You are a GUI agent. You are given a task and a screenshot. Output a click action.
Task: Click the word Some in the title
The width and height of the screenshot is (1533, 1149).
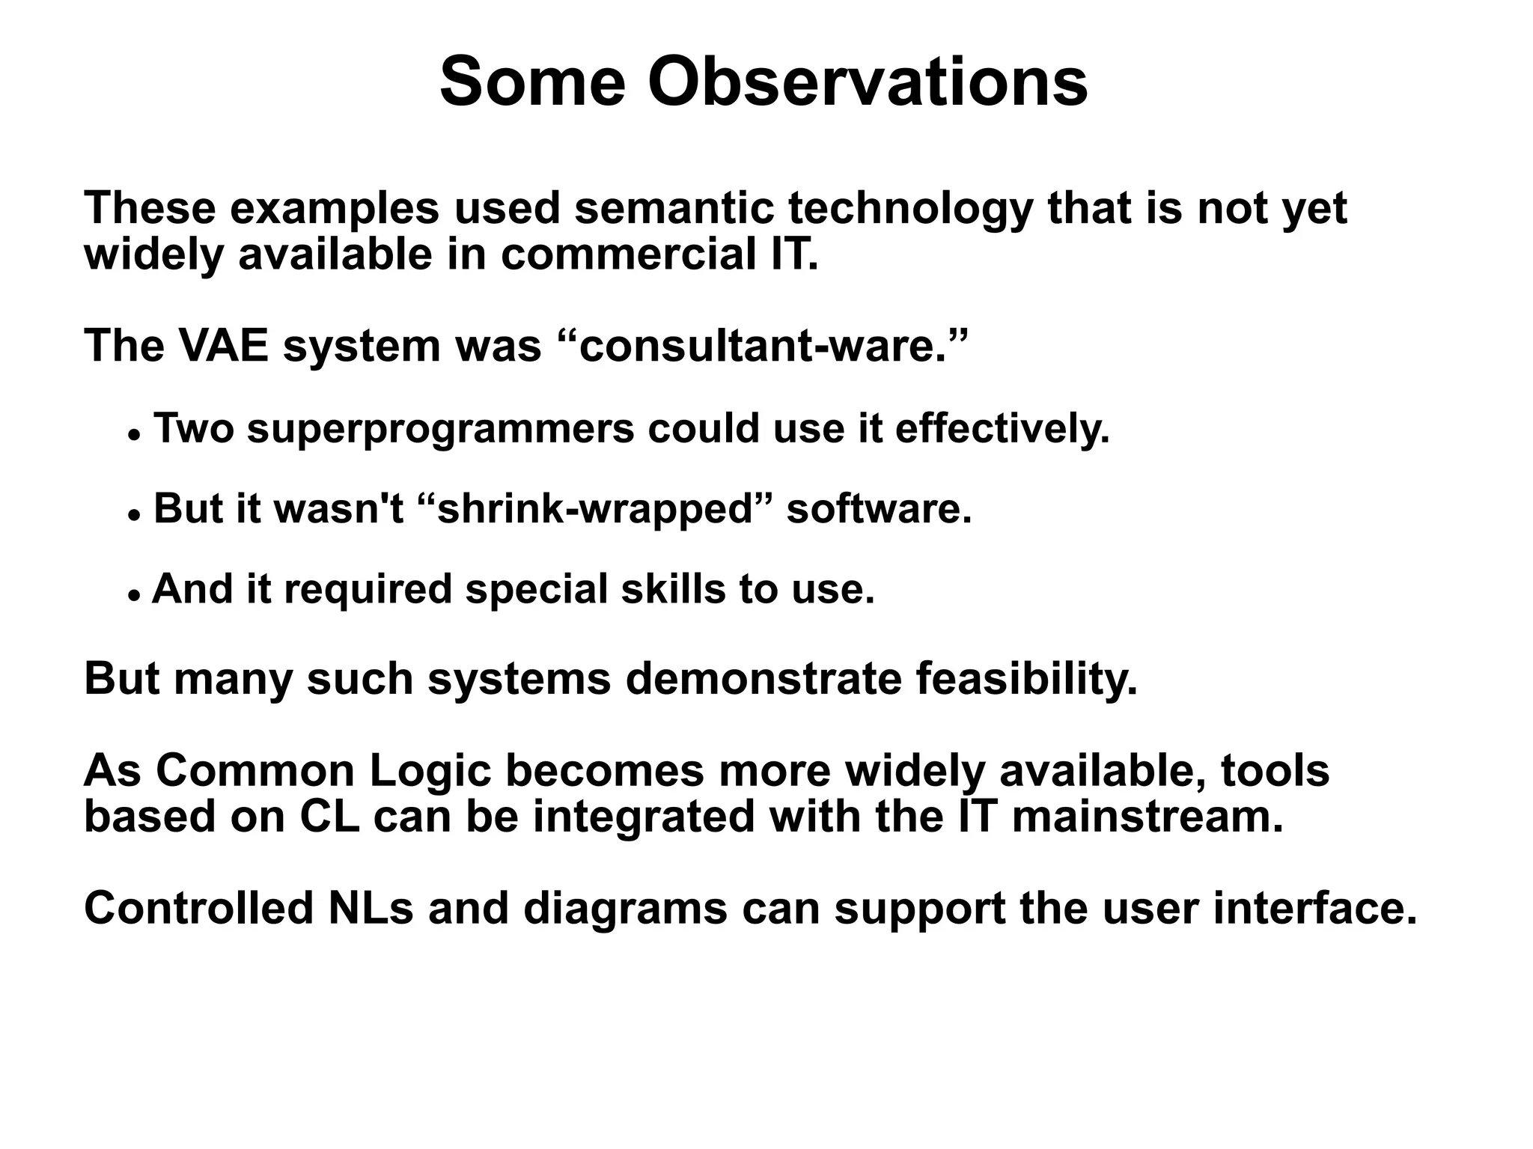tap(531, 82)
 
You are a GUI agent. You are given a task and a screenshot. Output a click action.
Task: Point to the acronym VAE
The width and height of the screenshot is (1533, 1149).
tap(223, 347)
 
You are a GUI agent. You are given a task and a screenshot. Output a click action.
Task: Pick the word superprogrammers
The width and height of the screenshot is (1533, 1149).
tap(440, 430)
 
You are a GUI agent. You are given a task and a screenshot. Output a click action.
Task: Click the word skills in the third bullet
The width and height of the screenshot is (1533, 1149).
tap(672, 589)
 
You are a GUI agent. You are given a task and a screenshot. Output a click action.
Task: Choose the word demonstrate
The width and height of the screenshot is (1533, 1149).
tap(763, 680)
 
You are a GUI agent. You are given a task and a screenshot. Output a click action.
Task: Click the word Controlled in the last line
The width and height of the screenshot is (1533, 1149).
tap(198, 909)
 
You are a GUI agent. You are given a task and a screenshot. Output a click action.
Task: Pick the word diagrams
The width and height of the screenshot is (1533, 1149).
tap(624, 910)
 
